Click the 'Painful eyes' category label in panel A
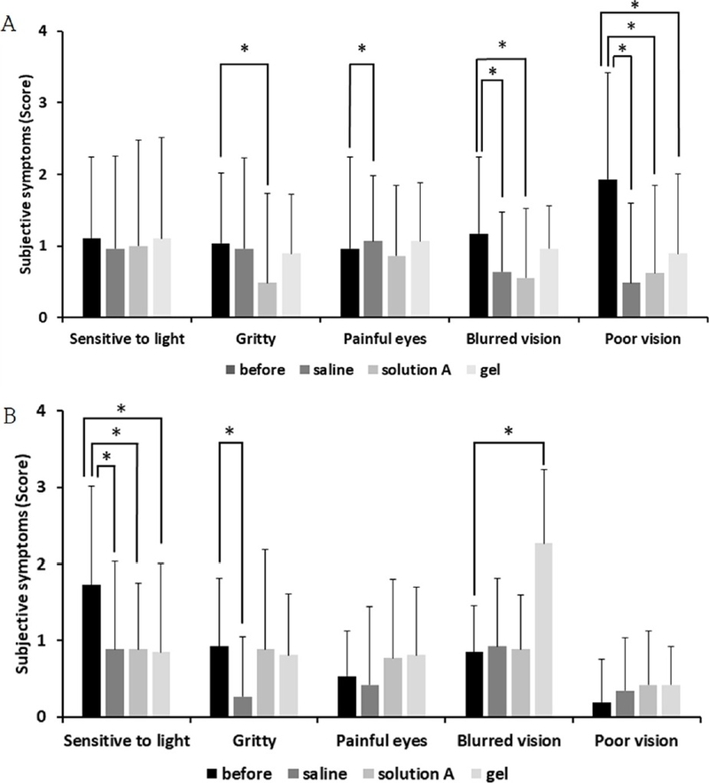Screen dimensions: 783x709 pyautogui.click(x=380, y=340)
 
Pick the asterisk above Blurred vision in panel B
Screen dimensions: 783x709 pyautogui.click(x=509, y=432)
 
